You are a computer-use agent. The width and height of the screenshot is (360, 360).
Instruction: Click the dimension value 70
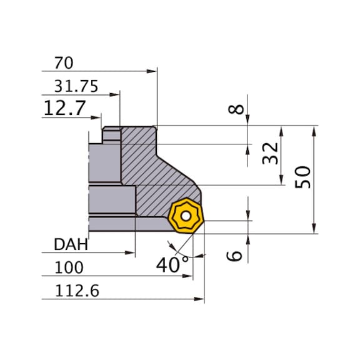tap(64, 63)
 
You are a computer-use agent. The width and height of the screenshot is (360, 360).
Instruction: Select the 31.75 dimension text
tap(76, 87)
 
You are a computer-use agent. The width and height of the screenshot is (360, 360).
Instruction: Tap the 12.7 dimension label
tap(64, 109)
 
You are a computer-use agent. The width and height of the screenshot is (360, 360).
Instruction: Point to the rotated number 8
tap(235, 109)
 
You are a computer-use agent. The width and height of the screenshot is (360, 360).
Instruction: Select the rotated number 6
tap(235, 254)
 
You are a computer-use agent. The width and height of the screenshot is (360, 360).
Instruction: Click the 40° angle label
tap(172, 264)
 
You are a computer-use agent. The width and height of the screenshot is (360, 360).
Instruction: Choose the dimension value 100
tap(68, 268)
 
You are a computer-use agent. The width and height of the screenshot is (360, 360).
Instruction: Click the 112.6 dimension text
tap(76, 291)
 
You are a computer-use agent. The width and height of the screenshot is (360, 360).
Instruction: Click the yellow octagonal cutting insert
tap(185, 217)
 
